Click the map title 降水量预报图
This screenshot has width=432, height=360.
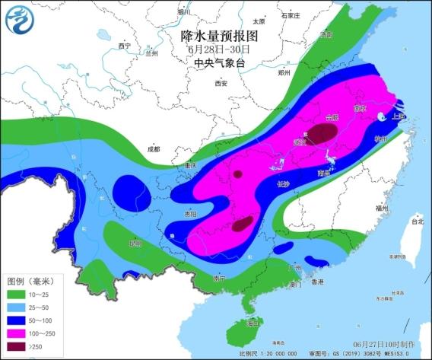220,36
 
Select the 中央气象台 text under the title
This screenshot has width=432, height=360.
220,63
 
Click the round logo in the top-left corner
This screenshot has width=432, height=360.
20,21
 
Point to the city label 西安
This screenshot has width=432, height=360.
221,84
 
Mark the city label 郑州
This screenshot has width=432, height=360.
284,74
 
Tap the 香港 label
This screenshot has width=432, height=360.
317,282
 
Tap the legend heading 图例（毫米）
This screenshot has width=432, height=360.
29,281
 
